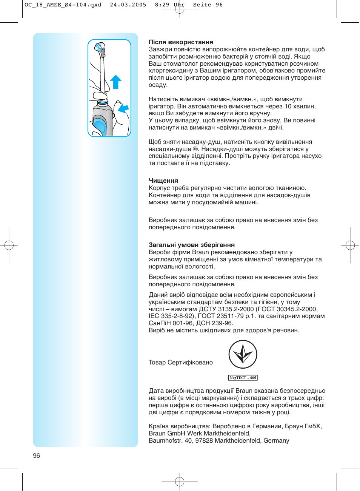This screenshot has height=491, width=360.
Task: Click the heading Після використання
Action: tap(181, 42)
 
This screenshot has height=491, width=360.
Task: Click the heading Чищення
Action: tap(163, 181)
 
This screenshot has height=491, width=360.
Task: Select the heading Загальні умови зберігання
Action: tap(191, 245)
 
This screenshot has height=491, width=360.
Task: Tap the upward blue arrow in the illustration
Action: tap(115, 82)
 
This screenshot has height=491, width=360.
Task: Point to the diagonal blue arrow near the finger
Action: tap(123, 108)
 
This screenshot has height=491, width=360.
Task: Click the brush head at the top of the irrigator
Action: tap(99, 48)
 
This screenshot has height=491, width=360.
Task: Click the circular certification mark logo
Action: tap(243, 354)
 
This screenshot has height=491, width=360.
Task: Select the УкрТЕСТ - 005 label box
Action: tap(243, 378)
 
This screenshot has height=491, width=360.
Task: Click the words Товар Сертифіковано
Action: tap(180, 362)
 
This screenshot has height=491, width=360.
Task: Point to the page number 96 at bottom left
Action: tap(36, 455)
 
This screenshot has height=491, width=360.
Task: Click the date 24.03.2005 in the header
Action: tap(128, 5)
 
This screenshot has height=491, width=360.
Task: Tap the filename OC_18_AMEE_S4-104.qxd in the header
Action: tap(63, 5)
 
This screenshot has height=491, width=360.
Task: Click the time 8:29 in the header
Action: tap(162, 5)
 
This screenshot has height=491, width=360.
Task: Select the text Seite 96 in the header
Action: tap(208, 5)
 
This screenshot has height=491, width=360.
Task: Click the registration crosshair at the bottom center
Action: tap(180, 482)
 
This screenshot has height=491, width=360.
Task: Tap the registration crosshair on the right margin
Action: tap(350, 246)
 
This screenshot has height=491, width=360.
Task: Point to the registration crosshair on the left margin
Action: tap(9, 246)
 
